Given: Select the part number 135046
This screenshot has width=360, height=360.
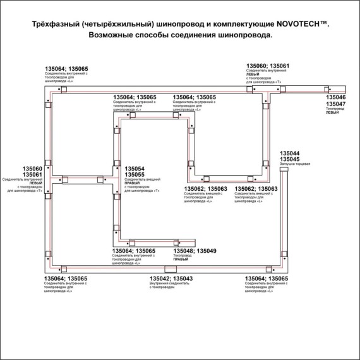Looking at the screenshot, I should (x=335, y=99).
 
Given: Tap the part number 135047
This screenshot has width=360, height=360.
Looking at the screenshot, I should (x=335, y=105).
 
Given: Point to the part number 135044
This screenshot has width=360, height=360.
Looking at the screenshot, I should (x=289, y=153).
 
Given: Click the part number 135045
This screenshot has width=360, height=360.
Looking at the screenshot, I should (x=289, y=159).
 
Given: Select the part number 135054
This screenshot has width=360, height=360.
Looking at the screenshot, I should (x=135, y=169).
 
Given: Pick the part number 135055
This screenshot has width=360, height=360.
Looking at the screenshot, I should (x=135, y=175).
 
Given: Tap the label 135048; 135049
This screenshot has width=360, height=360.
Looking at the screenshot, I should (x=195, y=251).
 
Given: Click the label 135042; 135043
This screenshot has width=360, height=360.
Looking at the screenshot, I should (x=171, y=279).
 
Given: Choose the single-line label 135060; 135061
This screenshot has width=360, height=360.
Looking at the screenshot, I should (x=268, y=66).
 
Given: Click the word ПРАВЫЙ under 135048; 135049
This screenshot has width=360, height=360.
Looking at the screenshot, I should (x=182, y=260).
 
